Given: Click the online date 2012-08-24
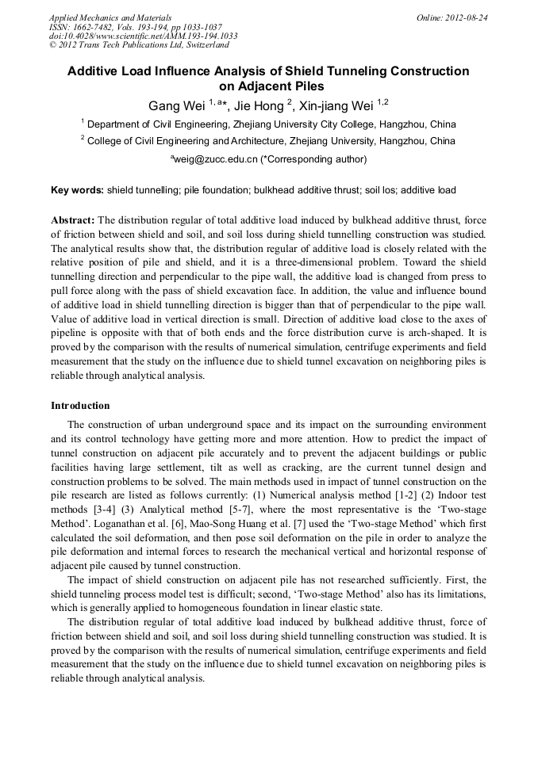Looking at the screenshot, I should (x=466, y=17).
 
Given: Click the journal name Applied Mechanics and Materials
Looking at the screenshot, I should (x=110, y=17).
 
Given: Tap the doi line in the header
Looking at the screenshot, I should (x=143, y=36).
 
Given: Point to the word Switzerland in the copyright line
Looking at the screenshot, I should (x=206, y=45).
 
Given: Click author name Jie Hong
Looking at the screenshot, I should (x=256, y=105).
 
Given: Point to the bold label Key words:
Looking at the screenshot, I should (x=77, y=191).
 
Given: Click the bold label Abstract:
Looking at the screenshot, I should (x=73, y=220).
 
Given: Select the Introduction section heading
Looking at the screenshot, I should (x=80, y=406).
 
